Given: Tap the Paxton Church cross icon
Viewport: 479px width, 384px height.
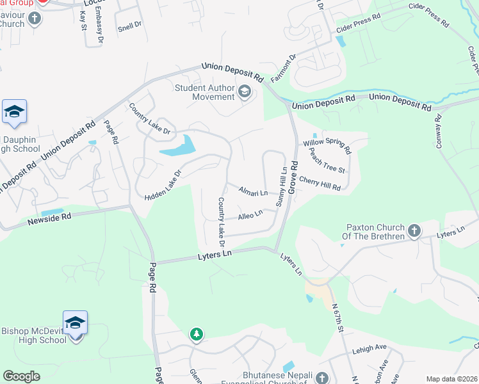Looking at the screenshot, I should click(414, 230).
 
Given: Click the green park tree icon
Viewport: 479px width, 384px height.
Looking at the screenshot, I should click(196, 334).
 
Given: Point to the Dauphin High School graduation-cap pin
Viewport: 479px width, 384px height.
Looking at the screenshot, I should click(14, 113).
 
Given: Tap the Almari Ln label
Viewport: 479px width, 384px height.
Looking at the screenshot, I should click(252, 191).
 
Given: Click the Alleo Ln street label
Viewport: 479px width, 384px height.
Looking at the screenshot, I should click(250, 215).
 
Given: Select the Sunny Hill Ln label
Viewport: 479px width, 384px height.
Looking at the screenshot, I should click(280, 184).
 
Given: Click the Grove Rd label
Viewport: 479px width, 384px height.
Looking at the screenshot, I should click(294, 177).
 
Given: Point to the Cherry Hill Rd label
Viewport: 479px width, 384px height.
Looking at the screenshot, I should click(319, 184).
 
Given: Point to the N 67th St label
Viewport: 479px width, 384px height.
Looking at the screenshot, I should click(339, 317).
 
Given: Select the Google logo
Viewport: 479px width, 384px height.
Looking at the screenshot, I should click(21, 376).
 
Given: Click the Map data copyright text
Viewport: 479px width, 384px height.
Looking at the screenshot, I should click(451, 379).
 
